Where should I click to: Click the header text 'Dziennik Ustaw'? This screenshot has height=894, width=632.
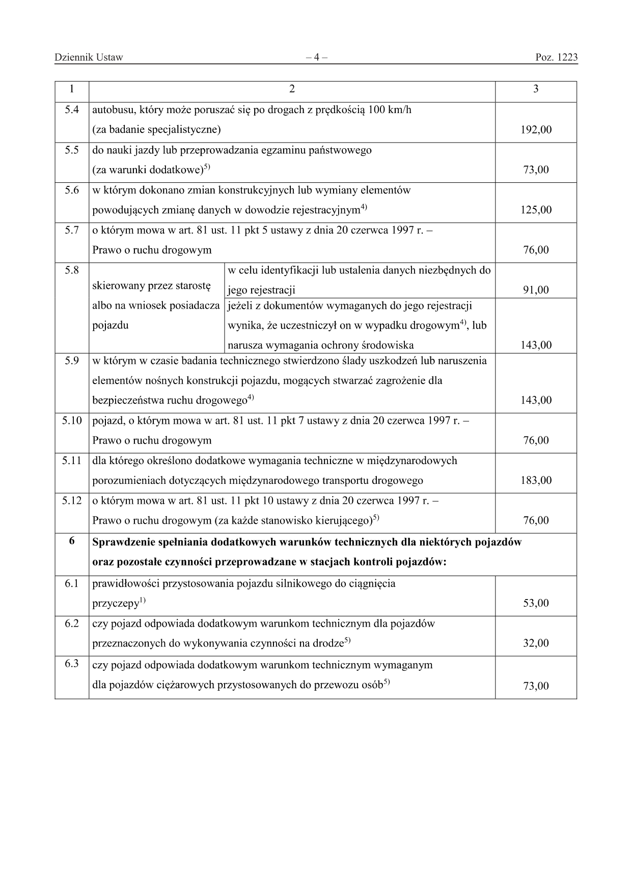click(x=89, y=57)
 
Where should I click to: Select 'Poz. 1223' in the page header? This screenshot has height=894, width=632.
click(x=557, y=57)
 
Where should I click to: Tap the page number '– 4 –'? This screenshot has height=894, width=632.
click(x=316, y=57)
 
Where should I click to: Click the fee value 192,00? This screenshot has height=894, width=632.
click(x=536, y=130)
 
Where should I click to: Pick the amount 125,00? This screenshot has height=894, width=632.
click(x=536, y=210)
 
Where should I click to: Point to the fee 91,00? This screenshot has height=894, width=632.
click(x=536, y=290)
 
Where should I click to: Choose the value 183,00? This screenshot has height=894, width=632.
click(x=536, y=480)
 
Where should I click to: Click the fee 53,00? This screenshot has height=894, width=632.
click(x=536, y=603)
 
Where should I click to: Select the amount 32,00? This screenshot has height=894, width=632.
click(x=536, y=643)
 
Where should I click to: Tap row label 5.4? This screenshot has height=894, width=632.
click(x=72, y=110)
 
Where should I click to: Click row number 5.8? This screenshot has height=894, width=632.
click(x=72, y=270)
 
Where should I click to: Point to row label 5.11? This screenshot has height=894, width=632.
click(x=72, y=460)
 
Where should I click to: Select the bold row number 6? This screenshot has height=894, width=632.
click(x=72, y=541)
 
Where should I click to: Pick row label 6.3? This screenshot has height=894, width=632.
click(x=72, y=664)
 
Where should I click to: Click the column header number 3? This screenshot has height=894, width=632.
click(x=536, y=89)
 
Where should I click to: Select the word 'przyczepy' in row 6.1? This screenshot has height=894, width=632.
click(x=116, y=604)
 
